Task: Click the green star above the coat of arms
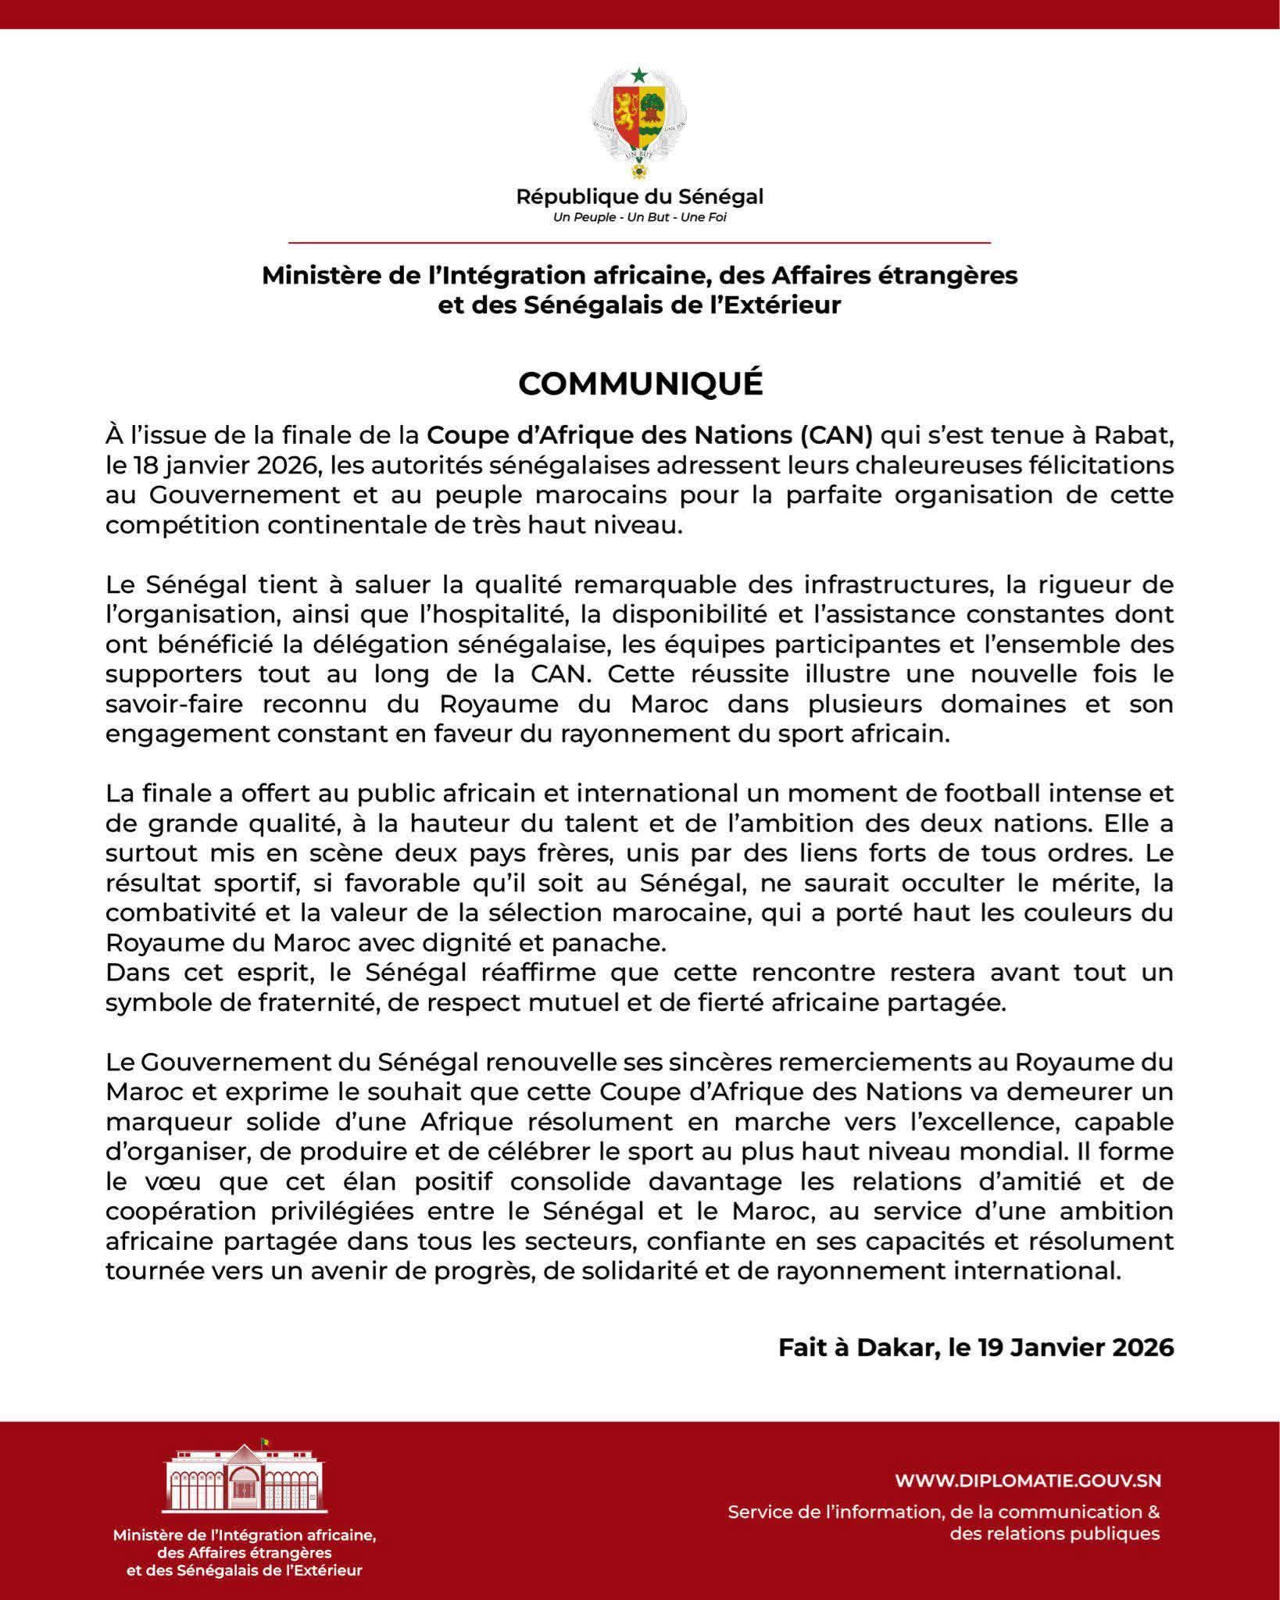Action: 639,75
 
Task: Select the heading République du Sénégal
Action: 639,197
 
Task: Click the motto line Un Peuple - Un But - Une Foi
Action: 639,217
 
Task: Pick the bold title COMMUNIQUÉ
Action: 640,384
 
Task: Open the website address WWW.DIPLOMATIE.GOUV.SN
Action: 1028,1480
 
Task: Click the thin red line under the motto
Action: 639,244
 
